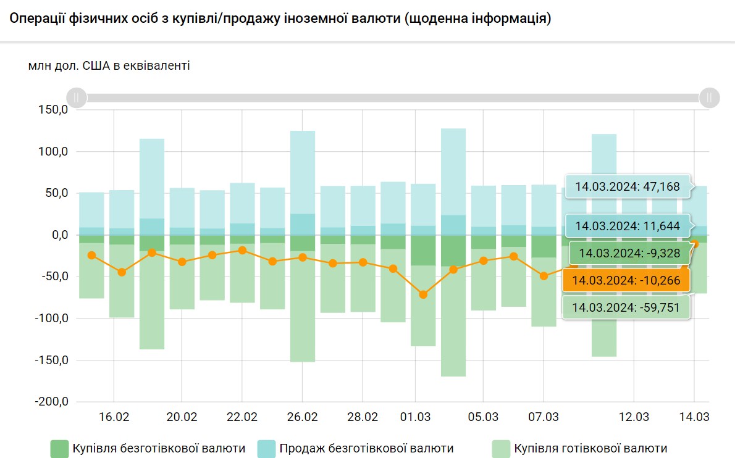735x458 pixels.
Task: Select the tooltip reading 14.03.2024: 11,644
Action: point(628,226)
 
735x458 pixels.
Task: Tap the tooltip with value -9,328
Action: point(628,253)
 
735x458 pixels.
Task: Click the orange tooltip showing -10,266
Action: point(625,280)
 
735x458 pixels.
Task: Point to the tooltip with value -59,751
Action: point(625,307)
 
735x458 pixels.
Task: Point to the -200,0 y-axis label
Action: point(52,401)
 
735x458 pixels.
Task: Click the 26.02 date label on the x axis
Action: point(302,417)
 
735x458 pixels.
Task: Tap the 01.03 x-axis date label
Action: point(415,417)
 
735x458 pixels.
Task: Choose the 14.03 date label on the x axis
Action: point(694,417)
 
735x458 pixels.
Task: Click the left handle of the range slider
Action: point(77,98)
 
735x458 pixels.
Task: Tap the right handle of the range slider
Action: point(710,98)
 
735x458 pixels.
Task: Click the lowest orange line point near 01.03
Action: point(423,294)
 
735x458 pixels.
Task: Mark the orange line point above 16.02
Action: point(122,272)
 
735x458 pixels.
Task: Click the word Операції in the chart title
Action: point(36,19)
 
